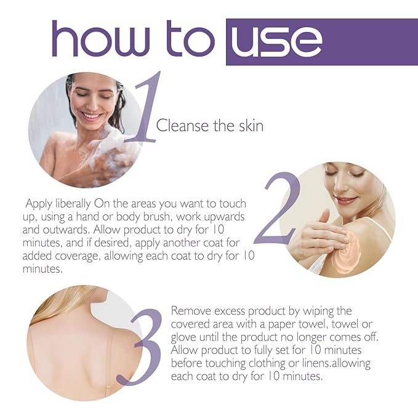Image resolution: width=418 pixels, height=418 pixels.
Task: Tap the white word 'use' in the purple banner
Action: (x=275, y=41)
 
